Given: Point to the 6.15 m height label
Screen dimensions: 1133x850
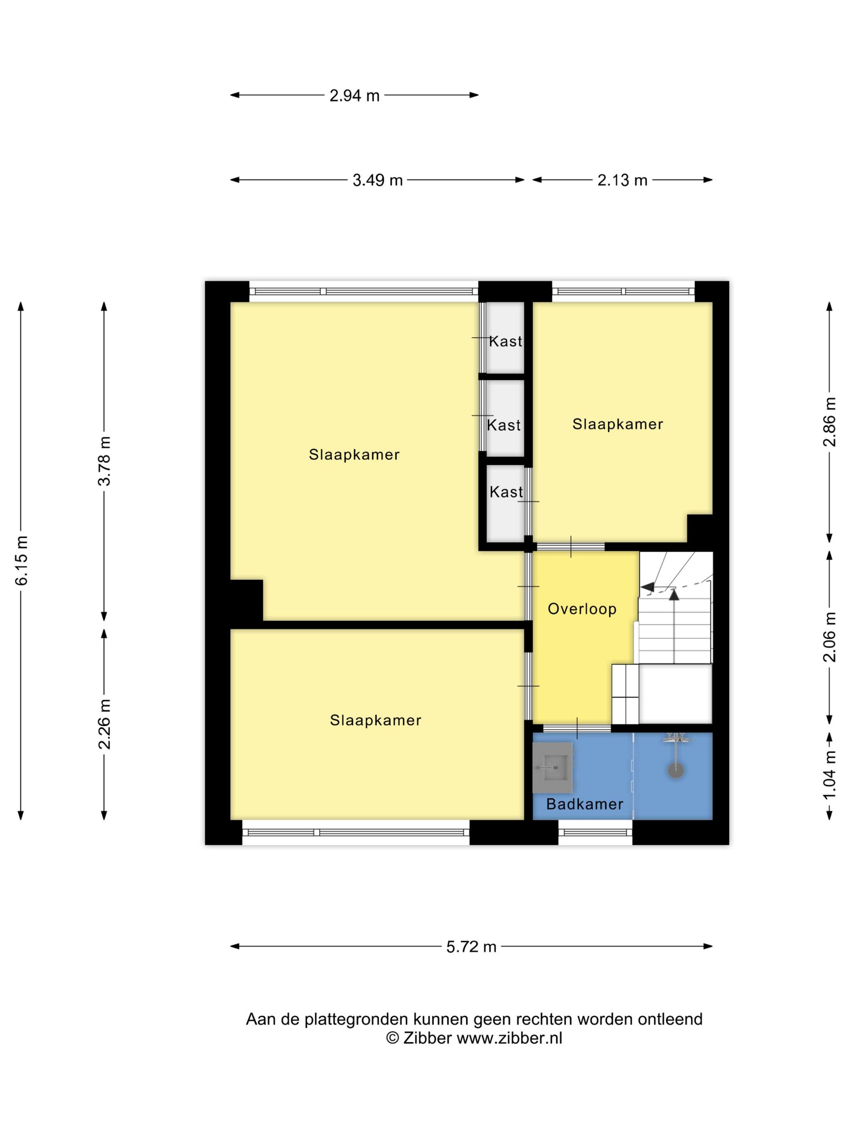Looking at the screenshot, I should (x=21, y=560).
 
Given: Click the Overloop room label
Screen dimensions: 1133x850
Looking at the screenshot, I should (x=582, y=609).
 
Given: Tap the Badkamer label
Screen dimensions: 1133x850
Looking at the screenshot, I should (x=584, y=804).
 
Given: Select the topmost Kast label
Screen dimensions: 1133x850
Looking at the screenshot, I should (x=505, y=341).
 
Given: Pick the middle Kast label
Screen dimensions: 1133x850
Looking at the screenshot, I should (x=504, y=425).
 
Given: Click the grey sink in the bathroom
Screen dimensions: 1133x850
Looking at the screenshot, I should (x=552, y=767).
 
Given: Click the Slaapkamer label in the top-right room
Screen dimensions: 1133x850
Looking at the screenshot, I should (x=617, y=424).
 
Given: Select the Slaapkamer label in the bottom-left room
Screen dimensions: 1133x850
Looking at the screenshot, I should (x=376, y=720).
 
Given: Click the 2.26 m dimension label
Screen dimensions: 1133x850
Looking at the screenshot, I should (x=104, y=724).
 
